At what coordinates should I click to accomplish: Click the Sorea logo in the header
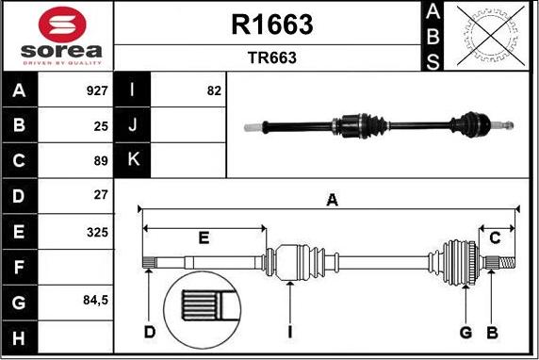(x=57, y=36)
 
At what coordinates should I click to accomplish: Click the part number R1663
(x=271, y=25)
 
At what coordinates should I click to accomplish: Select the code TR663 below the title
(x=271, y=57)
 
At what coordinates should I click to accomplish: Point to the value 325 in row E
(x=97, y=231)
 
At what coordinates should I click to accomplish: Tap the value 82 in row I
(x=213, y=91)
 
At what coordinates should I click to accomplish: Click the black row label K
(x=132, y=160)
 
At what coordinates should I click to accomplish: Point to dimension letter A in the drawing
(x=332, y=199)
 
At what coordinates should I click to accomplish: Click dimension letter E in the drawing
(x=204, y=237)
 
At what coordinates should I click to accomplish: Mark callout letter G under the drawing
(x=465, y=332)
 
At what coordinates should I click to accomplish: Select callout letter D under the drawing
(x=150, y=332)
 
